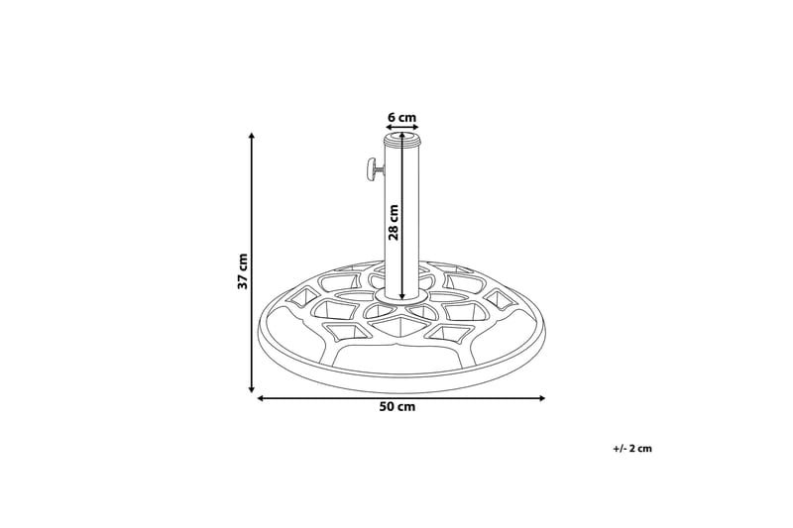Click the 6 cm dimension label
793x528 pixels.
(x=401, y=117)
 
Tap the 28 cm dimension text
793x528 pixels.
(x=394, y=223)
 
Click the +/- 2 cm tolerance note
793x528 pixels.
(x=632, y=449)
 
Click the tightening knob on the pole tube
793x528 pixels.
(x=370, y=170)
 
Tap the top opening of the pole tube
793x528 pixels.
(x=401, y=141)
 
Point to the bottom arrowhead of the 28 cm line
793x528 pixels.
(x=401, y=294)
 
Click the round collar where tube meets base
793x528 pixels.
(x=401, y=297)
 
